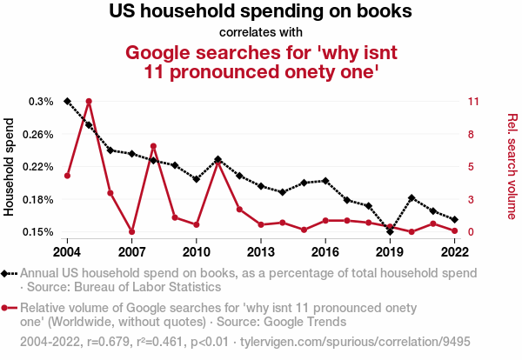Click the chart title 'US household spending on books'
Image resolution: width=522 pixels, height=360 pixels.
click(260, 12)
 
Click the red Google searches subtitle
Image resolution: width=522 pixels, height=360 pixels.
click(260, 62)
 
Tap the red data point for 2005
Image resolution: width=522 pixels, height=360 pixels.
click(89, 102)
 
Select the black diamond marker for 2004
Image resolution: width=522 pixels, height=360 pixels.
click(68, 102)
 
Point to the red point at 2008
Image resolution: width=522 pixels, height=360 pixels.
click(153, 146)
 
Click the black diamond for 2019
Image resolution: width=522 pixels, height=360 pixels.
click(390, 231)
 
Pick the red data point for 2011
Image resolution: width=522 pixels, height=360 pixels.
click(217, 161)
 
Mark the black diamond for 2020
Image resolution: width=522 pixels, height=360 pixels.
click(412, 198)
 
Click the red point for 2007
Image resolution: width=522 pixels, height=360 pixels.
click(132, 231)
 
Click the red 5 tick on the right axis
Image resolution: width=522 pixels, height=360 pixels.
click(471, 167)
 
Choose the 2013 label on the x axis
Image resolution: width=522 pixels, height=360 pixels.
click(260, 251)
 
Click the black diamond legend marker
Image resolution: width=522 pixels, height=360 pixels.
click(7, 273)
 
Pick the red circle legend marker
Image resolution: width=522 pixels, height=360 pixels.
click(7, 308)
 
